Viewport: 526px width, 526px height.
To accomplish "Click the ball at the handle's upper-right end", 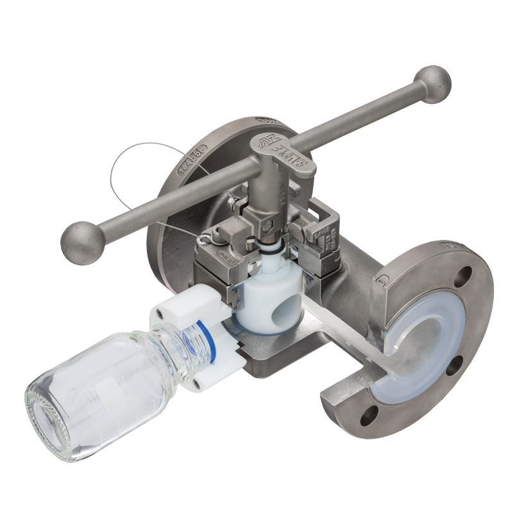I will (432, 81).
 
